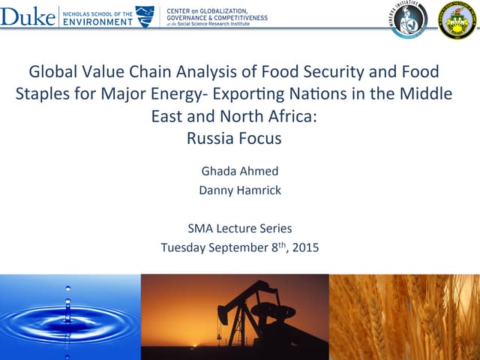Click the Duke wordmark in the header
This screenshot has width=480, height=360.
tap(28, 16)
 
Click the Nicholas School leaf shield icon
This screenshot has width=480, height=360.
tap(145, 16)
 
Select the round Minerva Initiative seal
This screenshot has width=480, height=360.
tap(409, 19)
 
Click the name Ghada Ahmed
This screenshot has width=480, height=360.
tap(240, 170)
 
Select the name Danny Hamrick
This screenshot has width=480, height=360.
tap(240, 190)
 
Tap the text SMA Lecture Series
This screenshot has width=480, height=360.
tap(240, 228)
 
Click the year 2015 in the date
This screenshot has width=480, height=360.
tap(304, 247)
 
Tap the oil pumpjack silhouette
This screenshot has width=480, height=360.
tap(251, 315)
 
